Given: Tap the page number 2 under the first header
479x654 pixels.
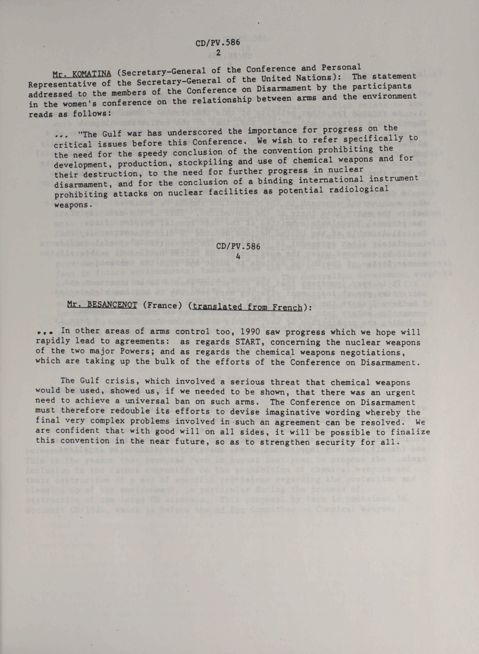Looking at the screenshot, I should click(218, 53).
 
